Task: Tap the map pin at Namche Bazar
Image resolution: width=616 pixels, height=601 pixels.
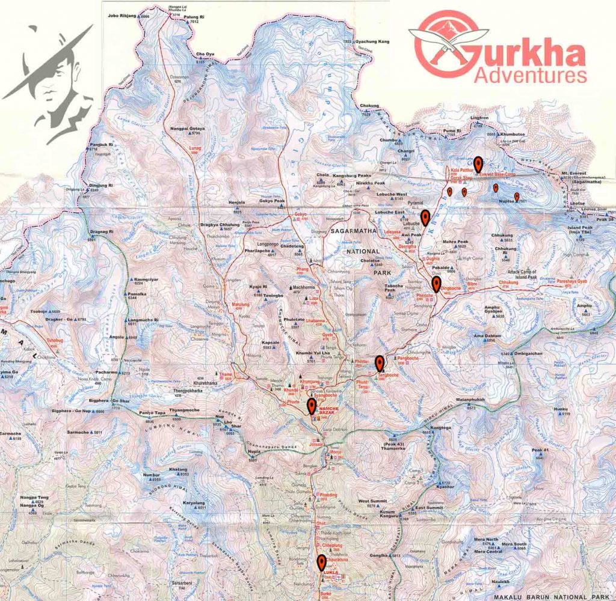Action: click(311, 406)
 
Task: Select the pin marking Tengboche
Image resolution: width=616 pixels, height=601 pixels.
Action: click(380, 363)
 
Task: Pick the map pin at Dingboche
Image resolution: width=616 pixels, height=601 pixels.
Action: click(437, 284)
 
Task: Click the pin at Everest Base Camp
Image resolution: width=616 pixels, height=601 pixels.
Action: click(478, 163)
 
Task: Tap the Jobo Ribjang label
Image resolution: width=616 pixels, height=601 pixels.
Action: click(123, 16)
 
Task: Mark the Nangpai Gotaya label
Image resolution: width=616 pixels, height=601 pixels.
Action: click(187, 129)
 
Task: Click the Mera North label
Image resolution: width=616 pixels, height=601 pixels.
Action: click(486, 540)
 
